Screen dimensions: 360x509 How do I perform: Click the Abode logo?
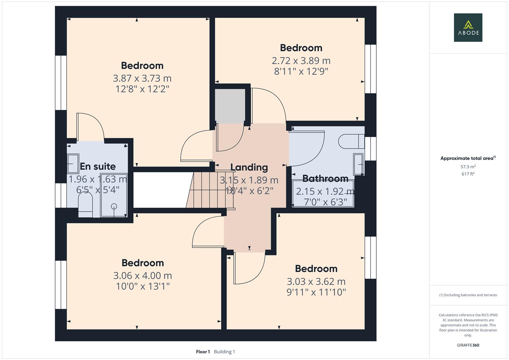click(468, 27)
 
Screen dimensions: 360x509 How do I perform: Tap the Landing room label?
click(249, 167)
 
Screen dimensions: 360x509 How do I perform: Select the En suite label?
click(98, 166)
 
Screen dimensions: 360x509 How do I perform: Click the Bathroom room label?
click(325, 179)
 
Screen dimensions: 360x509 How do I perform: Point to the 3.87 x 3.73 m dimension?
click(142, 78)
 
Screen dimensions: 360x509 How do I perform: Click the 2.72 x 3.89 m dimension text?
click(301, 61)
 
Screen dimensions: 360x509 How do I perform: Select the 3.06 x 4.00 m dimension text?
click(142, 276)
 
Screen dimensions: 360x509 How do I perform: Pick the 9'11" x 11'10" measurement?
click(316, 292)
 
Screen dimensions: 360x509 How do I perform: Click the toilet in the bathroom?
click(350, 141)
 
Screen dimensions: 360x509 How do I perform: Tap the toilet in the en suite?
click(85, 205)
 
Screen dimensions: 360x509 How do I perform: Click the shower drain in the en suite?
click(114, 206)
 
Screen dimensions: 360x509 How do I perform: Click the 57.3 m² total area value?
click(468, 167)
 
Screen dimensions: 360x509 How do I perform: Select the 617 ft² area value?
click(468, 174)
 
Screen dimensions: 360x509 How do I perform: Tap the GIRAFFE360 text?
click(468, 345)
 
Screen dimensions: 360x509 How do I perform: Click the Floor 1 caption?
click(203, 352)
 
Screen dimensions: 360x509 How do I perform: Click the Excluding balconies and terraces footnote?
click(468, 295)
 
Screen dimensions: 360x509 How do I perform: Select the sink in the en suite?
click(73, 164)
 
